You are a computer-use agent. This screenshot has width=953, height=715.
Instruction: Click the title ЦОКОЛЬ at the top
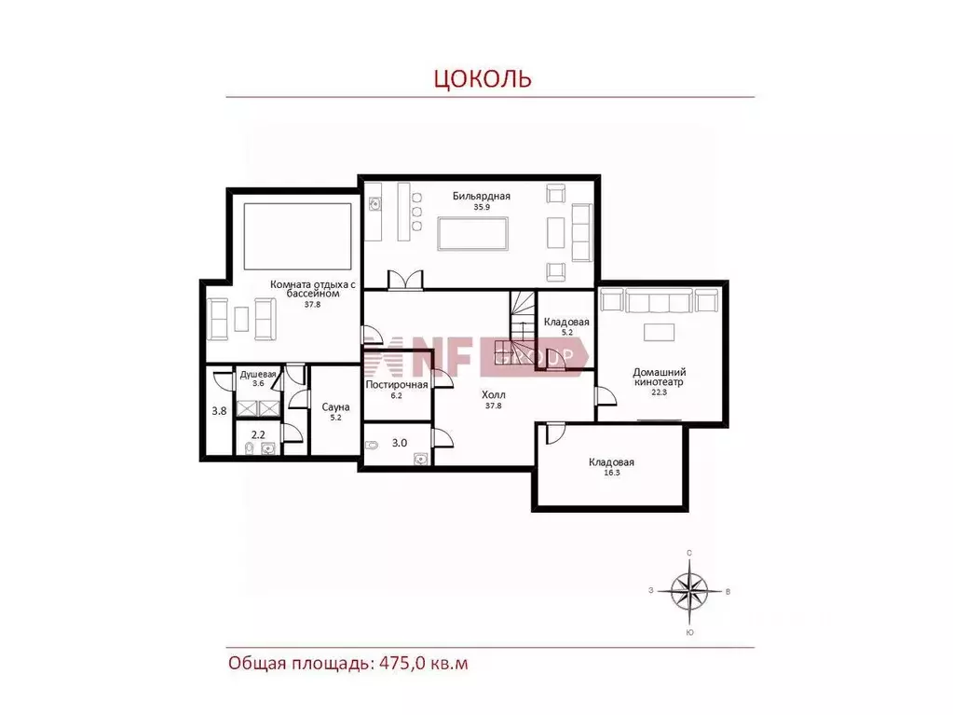coord(483,78)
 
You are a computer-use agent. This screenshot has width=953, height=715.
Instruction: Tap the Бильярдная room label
coord(482,196)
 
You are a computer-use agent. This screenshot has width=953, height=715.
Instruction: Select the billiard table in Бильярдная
coord(473,233)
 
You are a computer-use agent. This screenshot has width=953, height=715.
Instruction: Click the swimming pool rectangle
coord(298,237)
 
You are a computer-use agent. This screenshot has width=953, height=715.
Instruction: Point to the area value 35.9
coord(482,207)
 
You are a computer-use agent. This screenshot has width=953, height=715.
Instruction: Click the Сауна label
coord(335,406)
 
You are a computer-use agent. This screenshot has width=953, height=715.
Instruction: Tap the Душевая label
coord(258,375)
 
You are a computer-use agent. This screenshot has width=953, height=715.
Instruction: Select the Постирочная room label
coord(397,385)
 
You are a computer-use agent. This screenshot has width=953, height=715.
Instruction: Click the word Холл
coord(493,394)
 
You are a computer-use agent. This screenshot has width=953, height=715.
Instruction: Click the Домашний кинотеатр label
coord(659,377)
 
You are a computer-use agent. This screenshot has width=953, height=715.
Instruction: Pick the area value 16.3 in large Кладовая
coord(611,473)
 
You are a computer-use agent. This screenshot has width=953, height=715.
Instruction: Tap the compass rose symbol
coord(689,591)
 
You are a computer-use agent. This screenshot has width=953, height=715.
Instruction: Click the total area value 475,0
coord(402,663)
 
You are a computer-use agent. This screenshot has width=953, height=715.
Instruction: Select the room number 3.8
coord(219,411)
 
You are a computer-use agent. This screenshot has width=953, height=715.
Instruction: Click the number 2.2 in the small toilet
coord(258,434)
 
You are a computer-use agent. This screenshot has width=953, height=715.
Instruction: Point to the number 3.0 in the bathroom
coord(400,443)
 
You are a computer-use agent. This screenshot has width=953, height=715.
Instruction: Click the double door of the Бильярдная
coord(405,281)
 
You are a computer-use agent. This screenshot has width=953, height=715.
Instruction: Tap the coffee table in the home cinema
coord(659,333)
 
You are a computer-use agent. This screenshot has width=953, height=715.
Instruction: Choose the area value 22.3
coord(659,392)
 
